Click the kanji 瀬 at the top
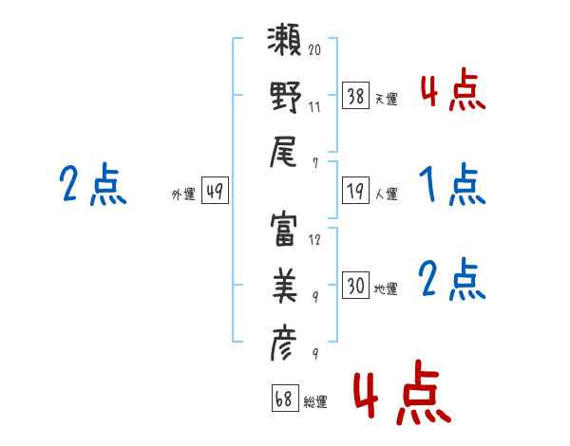[x=284, y=40]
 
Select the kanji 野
[x=285, y=97]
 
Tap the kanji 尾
[x=283, y=152]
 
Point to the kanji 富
[x=283, y=231]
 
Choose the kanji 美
[x=285, y=286]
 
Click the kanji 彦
[x=283, y=343]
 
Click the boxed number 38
[x=355, y=96]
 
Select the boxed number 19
[x=355, y=191]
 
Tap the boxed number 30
[x=355, y=285]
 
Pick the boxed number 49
[x=215, y=191]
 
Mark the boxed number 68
[x=285, y=398]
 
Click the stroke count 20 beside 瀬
[x=314, y=49]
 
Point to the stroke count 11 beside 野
[x=314, y=107]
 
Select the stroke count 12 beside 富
[x=314, y=240]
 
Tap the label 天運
[x=387, y=99]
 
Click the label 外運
[x=183, y=195]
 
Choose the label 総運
[x=315, y=401]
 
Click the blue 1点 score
[x=452, y=184]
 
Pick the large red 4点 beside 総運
[x=403, y=393]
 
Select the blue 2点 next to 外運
[x=93, y=184]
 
